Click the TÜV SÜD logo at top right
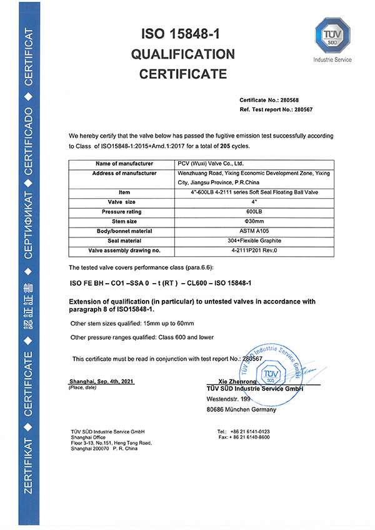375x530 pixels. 332,37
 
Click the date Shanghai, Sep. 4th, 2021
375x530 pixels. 101,381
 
